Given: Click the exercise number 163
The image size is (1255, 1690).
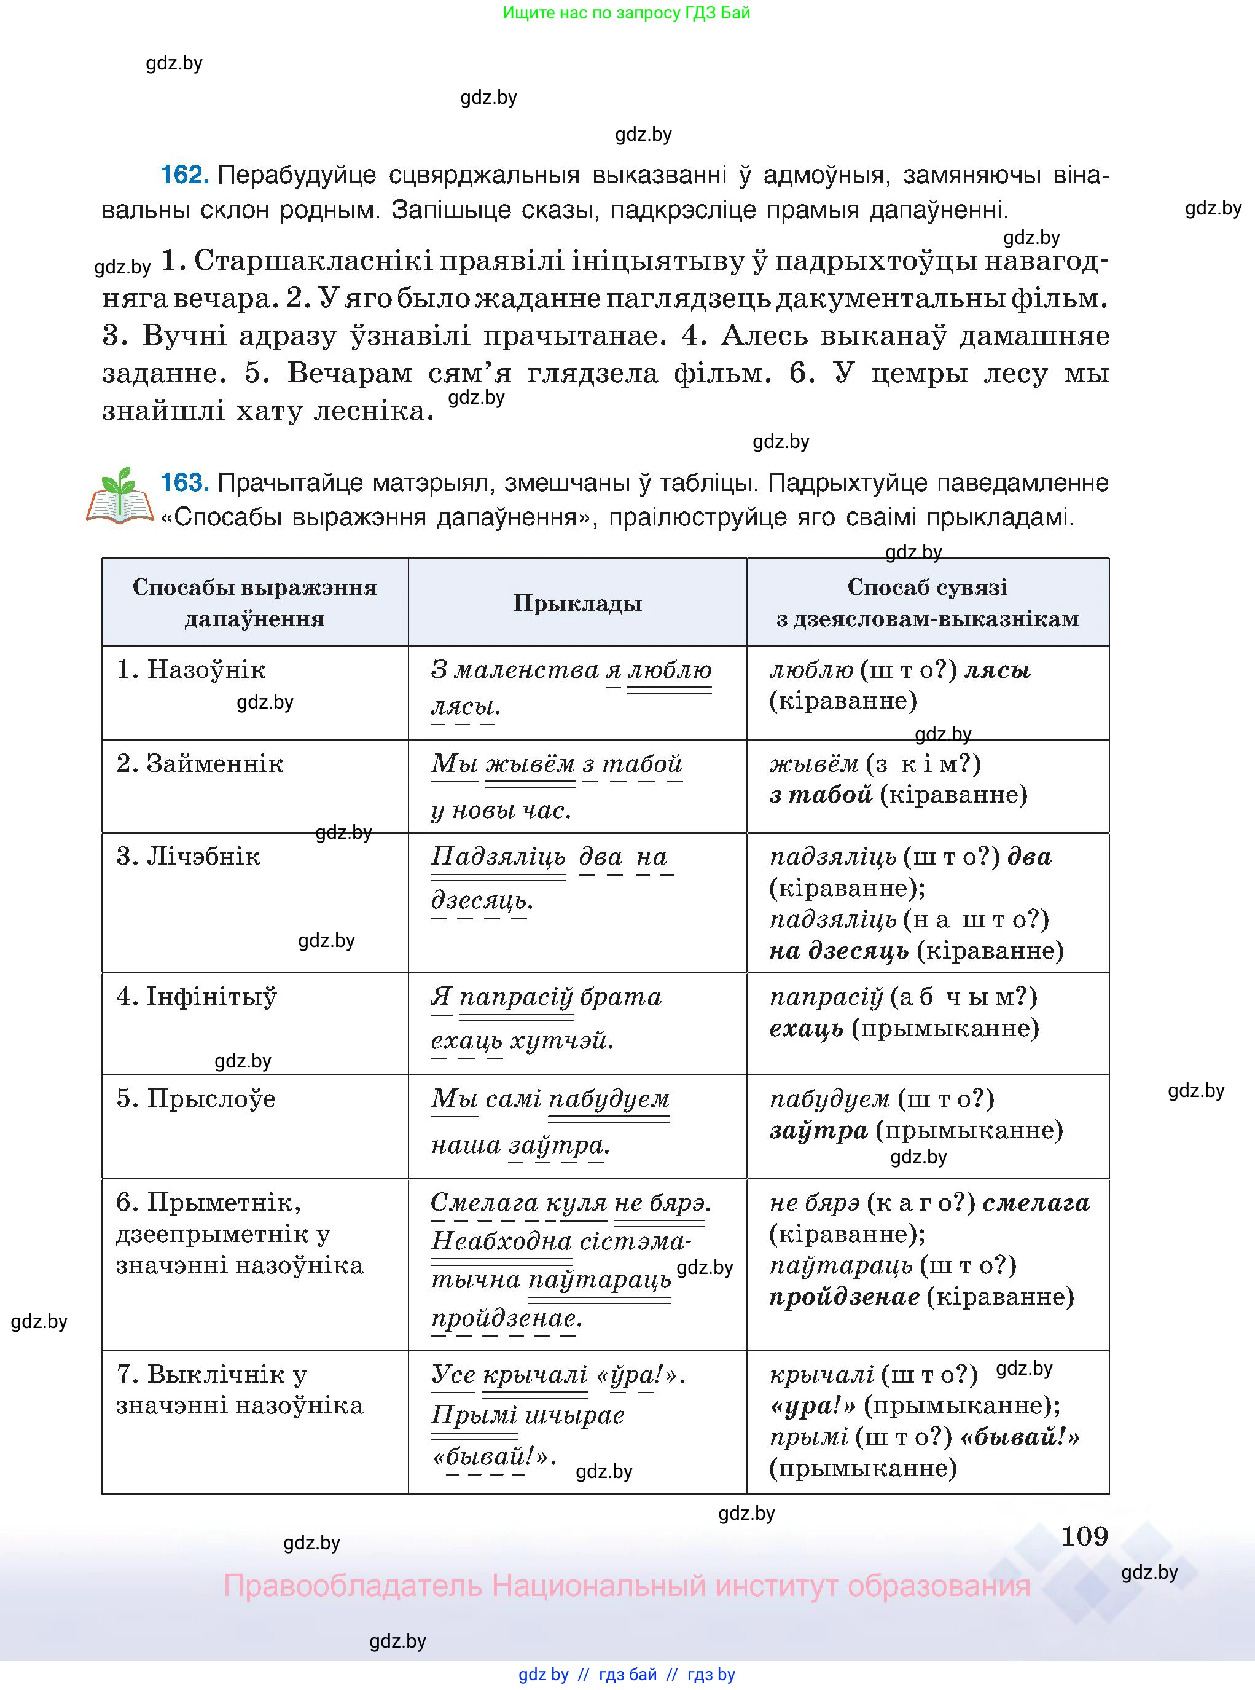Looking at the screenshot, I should click(x=184, y=482).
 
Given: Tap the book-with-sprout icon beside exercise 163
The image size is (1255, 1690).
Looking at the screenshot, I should click(x=119, y=498).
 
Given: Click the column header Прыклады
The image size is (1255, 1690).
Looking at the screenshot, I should click(x=577, y=603).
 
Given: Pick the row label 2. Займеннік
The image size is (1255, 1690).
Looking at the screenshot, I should click(x=199, y=764).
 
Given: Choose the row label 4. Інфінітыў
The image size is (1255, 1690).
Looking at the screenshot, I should click(x=196, y=996).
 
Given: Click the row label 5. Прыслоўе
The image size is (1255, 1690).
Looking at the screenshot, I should click(x=195, y=1099).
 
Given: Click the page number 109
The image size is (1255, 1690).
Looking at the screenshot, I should click(x=1084, y=1536).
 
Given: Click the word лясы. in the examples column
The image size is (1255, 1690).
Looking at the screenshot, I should click(x=466, y=707).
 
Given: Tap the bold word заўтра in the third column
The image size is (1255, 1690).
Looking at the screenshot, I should click(x=818, y=1131).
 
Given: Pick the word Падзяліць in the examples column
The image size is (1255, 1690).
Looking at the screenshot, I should click(x=498, y=857).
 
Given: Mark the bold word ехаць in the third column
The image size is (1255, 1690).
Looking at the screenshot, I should click(x=806, y=1029).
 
